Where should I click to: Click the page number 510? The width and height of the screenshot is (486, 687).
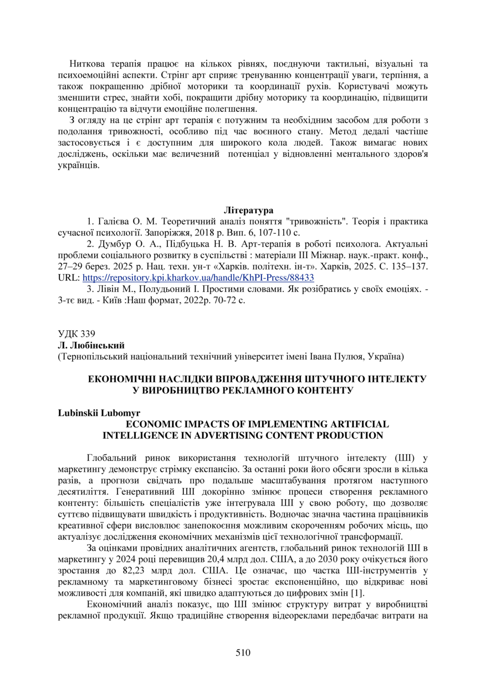click(243, 652)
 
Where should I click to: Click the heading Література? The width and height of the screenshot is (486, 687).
click(248, 211)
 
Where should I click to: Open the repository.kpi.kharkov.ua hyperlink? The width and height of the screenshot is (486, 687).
click(198, 278)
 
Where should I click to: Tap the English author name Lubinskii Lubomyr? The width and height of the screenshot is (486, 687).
click(99, 413)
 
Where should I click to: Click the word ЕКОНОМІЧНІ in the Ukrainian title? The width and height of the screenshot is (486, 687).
click(122, 379)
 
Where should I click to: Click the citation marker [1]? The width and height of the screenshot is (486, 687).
click(358, 593)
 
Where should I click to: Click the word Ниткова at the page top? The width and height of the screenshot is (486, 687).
click(88, 64)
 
